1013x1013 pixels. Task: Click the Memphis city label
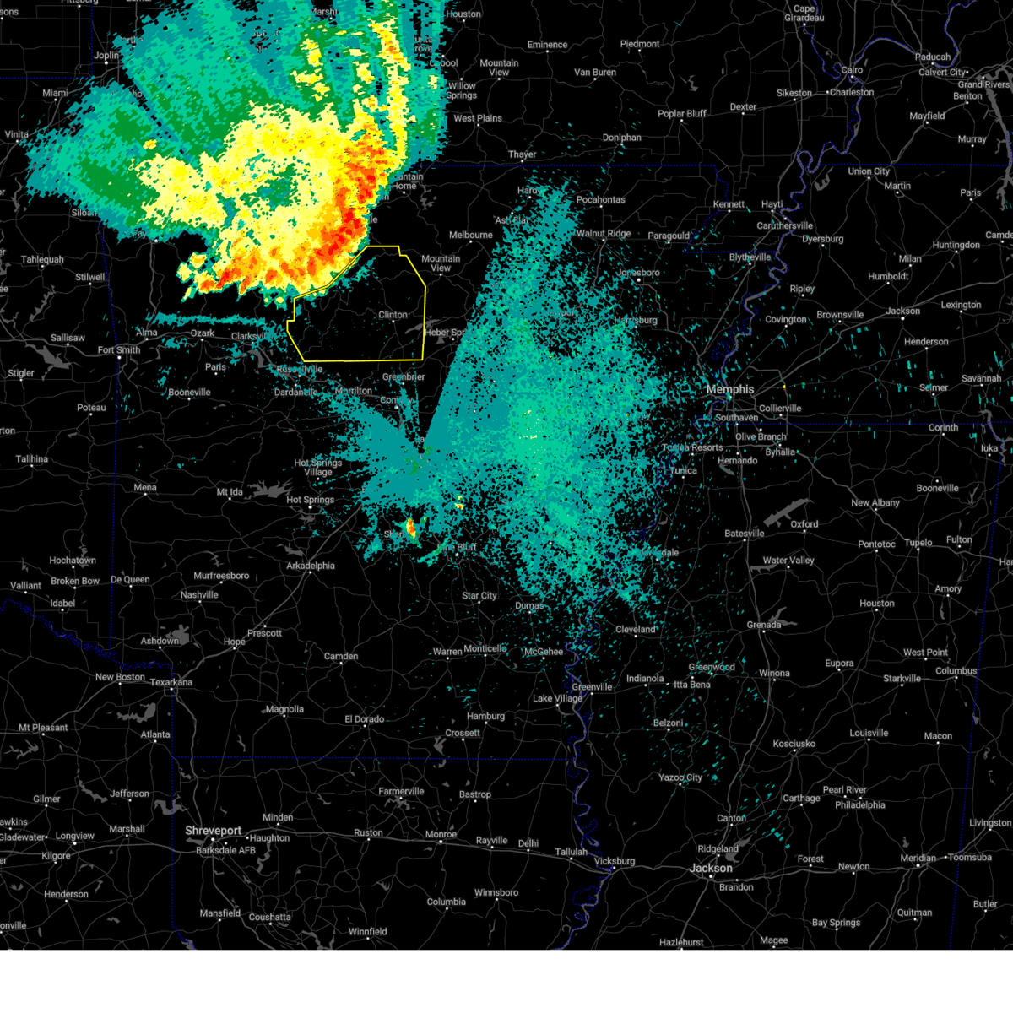click(x=729, y=389)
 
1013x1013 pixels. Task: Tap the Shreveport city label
click(x=213, y=831)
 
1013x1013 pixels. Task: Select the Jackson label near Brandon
click(x=711, y=868)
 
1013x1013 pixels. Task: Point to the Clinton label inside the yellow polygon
click(x=393, y=315)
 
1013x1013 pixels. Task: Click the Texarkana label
click(x=171, y=682)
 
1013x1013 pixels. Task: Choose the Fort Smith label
click(x=119, y=350)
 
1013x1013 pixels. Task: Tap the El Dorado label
click(x=364, y=719)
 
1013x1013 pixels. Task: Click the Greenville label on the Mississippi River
click(x=591, y=686)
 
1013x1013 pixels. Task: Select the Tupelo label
click(x=918, y=543)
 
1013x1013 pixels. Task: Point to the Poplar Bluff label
click(x=682, y=114)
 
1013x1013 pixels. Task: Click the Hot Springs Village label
click(x=318, y=468)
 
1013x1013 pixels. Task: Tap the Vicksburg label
click(x=614, y=861)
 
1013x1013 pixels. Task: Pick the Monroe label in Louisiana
click(x=441, y=834)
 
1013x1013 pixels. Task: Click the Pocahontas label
click(x=601, y=200)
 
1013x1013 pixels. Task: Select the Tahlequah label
click(x=42, y=260)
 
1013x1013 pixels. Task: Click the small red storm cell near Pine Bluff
click(x=411, y=528)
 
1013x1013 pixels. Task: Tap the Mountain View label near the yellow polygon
click(x=441, y=263)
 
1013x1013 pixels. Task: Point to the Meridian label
click(x=918, y=858)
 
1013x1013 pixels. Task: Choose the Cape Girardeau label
click(x=804, y=14)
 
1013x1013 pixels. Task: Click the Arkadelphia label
click(x=311, y=566)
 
